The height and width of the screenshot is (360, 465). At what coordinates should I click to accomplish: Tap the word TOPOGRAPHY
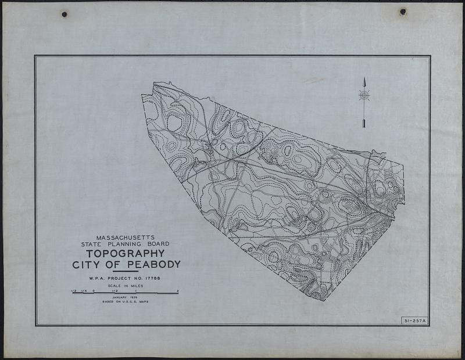(126, 254)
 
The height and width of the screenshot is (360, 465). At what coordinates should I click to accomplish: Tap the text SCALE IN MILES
(126, 286)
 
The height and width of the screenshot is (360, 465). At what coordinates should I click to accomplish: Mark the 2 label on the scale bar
(177, 290)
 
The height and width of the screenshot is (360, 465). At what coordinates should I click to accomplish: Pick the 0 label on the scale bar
(93, 290)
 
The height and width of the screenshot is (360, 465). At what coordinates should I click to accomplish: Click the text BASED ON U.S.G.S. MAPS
(126, 303)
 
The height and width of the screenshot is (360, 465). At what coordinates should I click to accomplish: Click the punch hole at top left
(64, 14)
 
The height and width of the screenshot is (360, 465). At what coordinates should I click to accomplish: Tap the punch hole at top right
(402, 12)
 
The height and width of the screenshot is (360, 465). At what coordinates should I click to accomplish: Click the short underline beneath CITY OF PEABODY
(126, 272)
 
